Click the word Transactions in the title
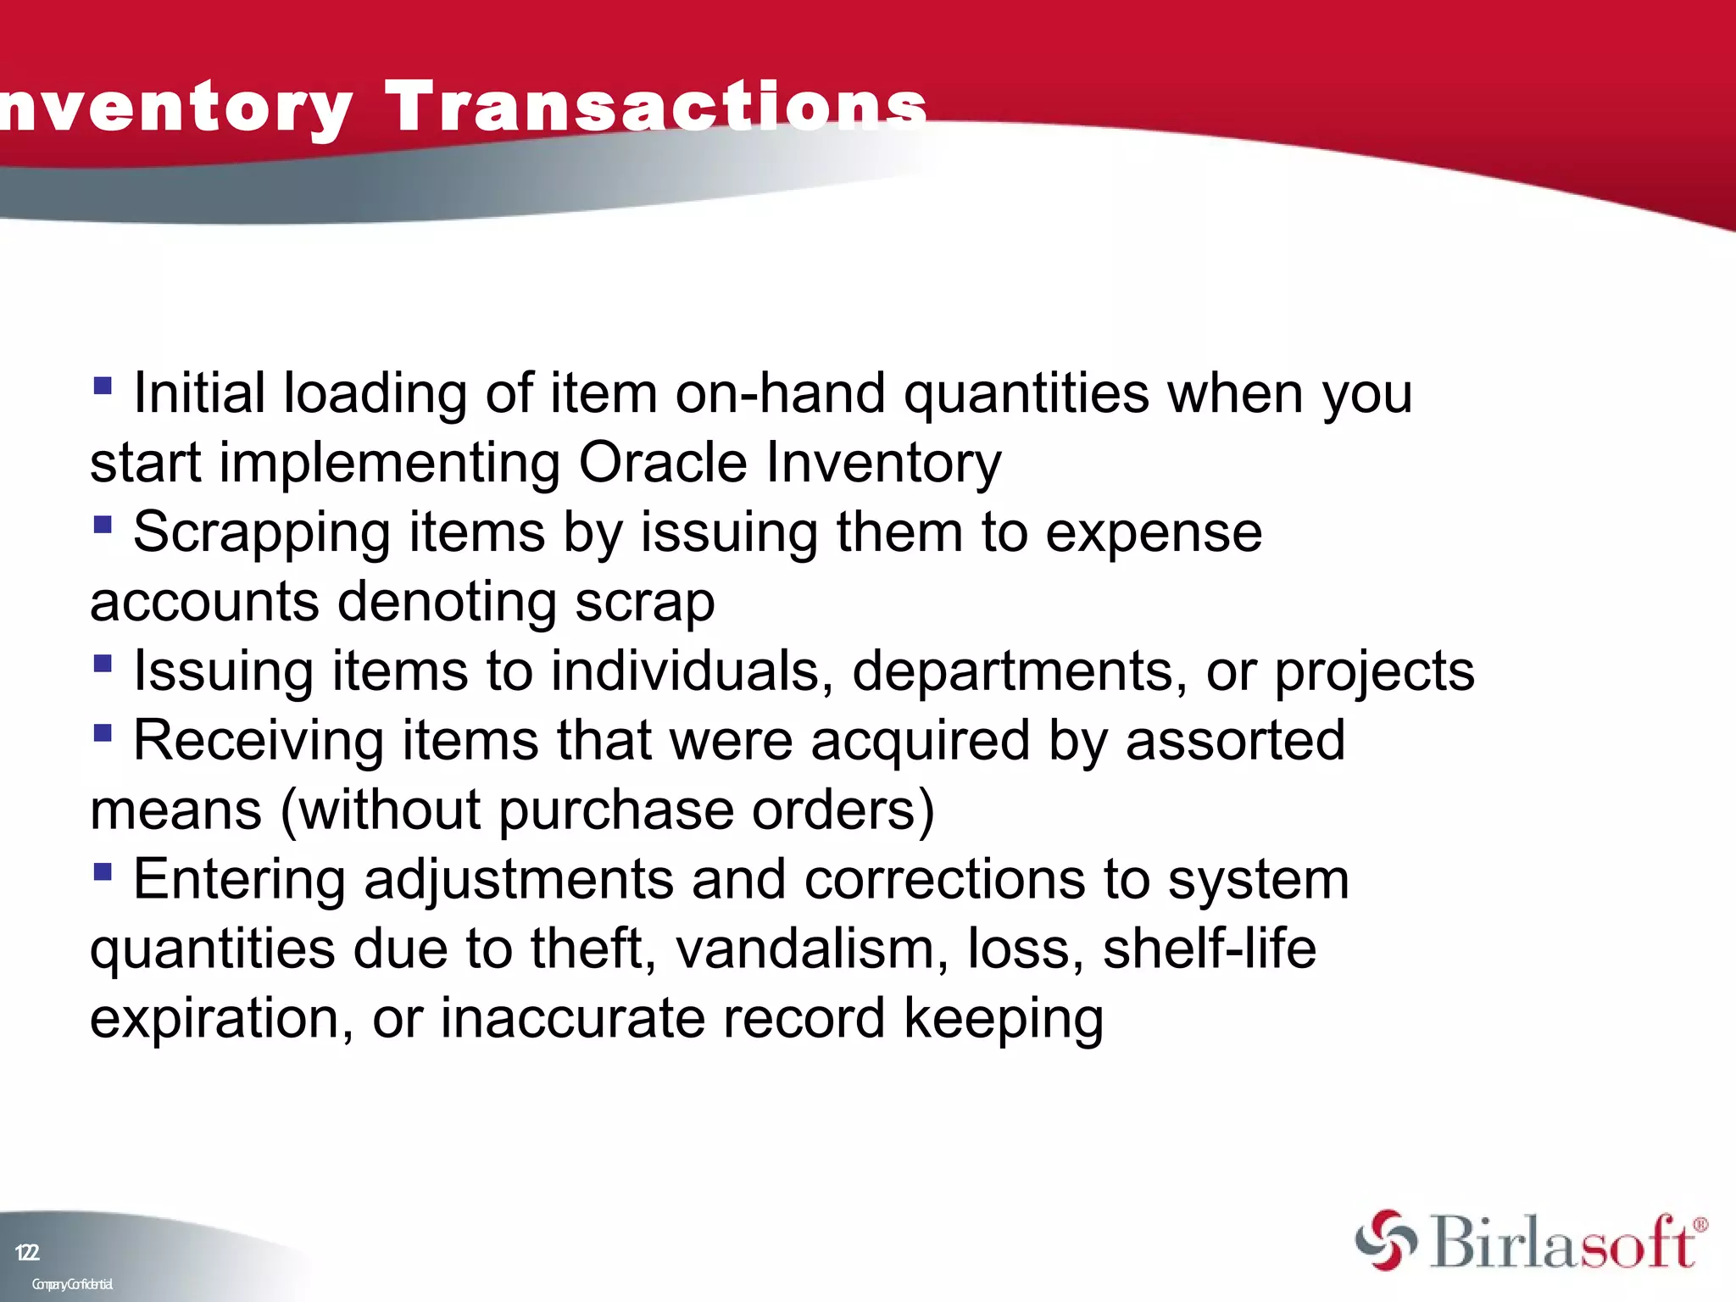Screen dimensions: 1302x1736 (x=656, y=107)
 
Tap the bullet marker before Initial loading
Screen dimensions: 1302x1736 (x=103, y=387)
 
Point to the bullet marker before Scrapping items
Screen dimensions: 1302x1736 (x=103, y=526)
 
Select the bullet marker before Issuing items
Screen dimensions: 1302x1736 (x=103, y=664)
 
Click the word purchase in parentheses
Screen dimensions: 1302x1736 (x=615, y=811)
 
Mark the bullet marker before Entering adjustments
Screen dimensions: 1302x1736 (x=103, y=871)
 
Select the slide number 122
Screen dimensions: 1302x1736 (x=27, y=1252)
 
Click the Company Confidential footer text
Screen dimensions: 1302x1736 (x=72, y=1284)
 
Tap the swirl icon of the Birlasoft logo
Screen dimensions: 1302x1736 (x=1385, y=1240)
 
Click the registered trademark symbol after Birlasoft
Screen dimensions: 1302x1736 (x=1700, y=1225)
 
